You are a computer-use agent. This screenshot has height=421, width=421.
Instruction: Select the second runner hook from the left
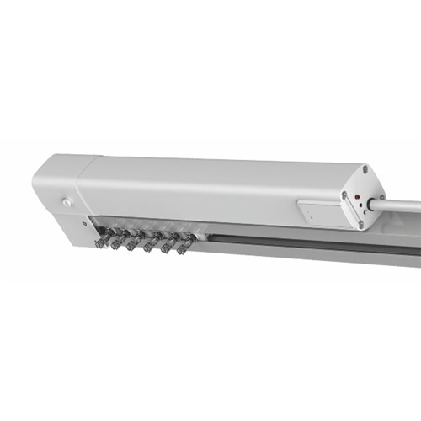pos(118,242)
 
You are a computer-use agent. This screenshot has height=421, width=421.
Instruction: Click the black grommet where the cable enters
pos(370,205)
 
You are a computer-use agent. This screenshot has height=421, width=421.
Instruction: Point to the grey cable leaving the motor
pos(400,203)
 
